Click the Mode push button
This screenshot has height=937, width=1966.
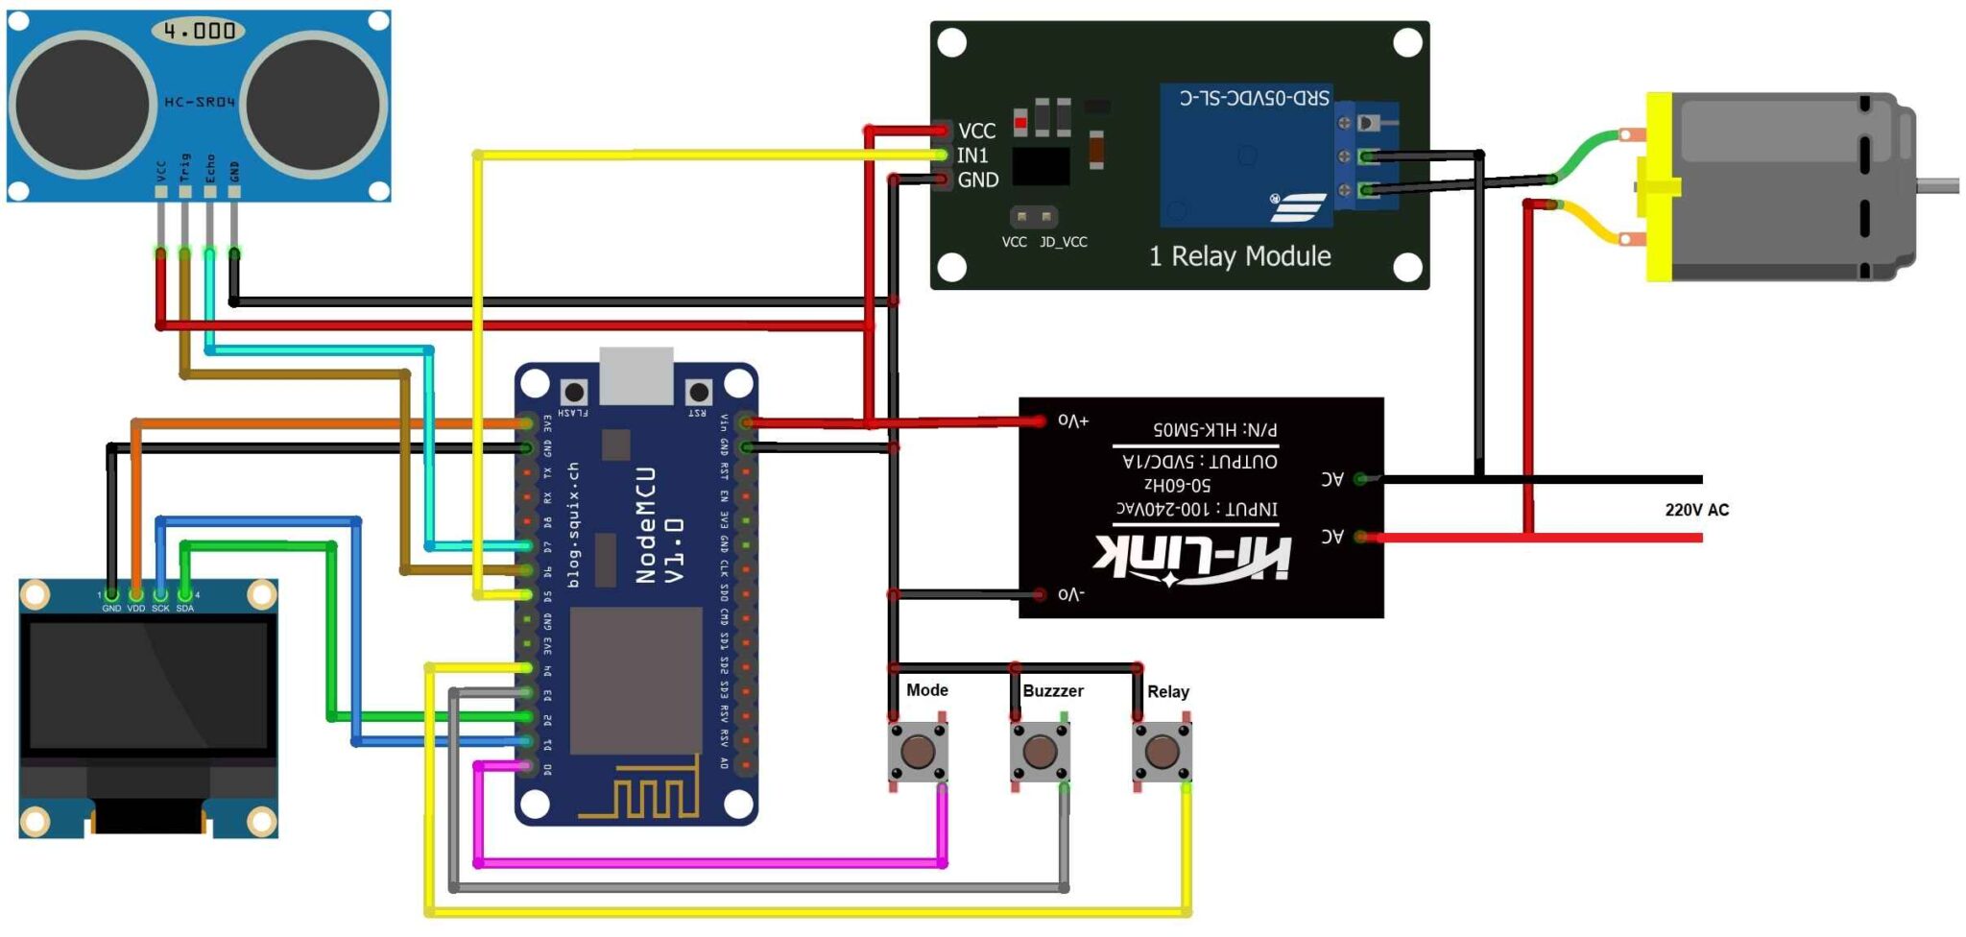(x=917, y=751)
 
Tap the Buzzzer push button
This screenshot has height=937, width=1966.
(x=1040, y=751)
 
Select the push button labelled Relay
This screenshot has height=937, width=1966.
(x=1162, y=751)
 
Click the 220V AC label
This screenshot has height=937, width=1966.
(x=1696, y=510)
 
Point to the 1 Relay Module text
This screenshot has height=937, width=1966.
(x=1239, y=256)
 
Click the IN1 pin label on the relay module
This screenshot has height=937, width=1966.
(x=972, y=156)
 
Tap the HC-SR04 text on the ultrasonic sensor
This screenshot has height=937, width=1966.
(x=200, y=102)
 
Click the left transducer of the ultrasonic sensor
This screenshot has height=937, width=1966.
(x=83, y=104)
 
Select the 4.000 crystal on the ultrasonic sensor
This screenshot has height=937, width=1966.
(x=199, y=31)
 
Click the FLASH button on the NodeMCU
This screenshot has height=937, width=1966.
(x=574, y=392)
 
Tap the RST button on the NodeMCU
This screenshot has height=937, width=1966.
(x=699, y=392)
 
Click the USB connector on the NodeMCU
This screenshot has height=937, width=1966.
(x=636, y=376)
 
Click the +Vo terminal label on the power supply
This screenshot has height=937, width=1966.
(x=1073, y=420)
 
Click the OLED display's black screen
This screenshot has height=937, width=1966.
(x=149, y=685)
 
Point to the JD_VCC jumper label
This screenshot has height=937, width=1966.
(x=1064, y=242)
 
